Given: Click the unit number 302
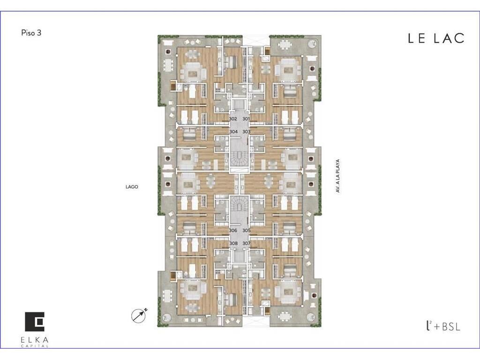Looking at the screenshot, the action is pos(233,119).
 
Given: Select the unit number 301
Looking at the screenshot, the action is pos(246,119).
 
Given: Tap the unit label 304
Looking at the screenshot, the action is pos(233,132).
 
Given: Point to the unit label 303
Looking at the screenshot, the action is pos(247,132).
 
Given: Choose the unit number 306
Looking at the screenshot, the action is pos(233,231).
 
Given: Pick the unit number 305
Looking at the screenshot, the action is pos(247,231).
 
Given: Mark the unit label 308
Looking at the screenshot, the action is pos(233,243).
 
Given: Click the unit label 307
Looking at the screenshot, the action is pos(247,243).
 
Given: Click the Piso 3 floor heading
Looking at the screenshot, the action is pos(31,33).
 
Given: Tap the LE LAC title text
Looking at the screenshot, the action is pos(436,38).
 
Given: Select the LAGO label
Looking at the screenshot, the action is pos(132,187).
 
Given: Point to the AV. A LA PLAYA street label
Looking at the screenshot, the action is pos(338,176).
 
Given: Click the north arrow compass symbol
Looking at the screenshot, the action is pos(138,315).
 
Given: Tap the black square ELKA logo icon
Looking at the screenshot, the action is pos(35,322).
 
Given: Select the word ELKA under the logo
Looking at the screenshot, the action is pos(34,340).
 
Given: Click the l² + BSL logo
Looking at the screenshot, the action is pos(443,326).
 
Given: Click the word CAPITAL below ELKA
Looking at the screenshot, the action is pos(34,346).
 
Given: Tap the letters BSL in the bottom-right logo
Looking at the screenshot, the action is pos(451,327).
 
